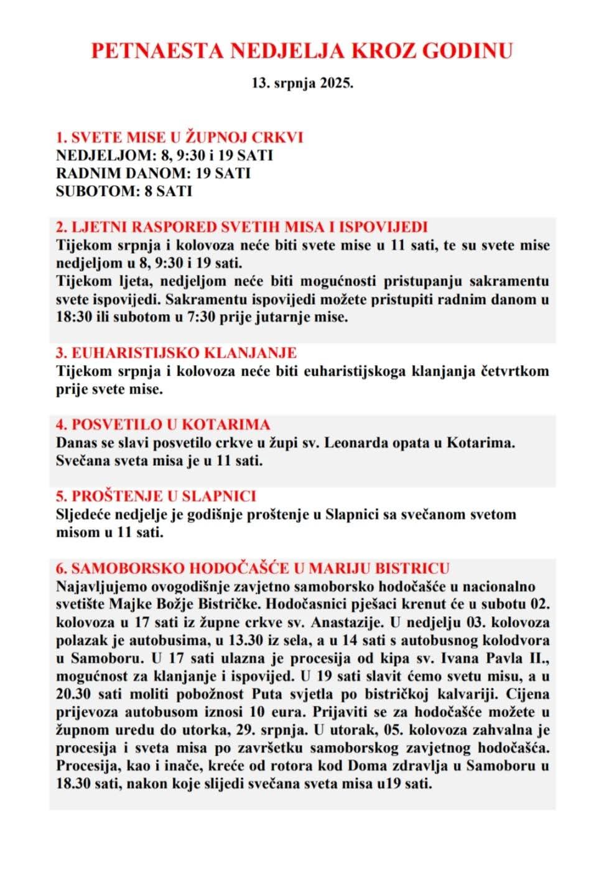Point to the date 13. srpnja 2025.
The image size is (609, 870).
click(302, 83)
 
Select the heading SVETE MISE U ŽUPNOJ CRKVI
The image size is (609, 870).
click(179, 137)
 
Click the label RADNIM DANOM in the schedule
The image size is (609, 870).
click(122, 173)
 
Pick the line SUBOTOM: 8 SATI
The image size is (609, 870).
click(124, 191)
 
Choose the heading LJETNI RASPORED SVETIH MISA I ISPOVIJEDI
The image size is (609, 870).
click(241, 227)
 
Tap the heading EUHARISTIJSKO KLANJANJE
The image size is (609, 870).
click(176, 353)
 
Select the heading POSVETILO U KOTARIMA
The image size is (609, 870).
click(163, 425)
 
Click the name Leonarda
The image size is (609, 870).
click(356, 443)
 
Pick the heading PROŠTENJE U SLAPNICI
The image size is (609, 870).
click(156, 496)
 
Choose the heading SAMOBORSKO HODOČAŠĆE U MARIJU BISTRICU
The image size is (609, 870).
click(253, 568)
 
